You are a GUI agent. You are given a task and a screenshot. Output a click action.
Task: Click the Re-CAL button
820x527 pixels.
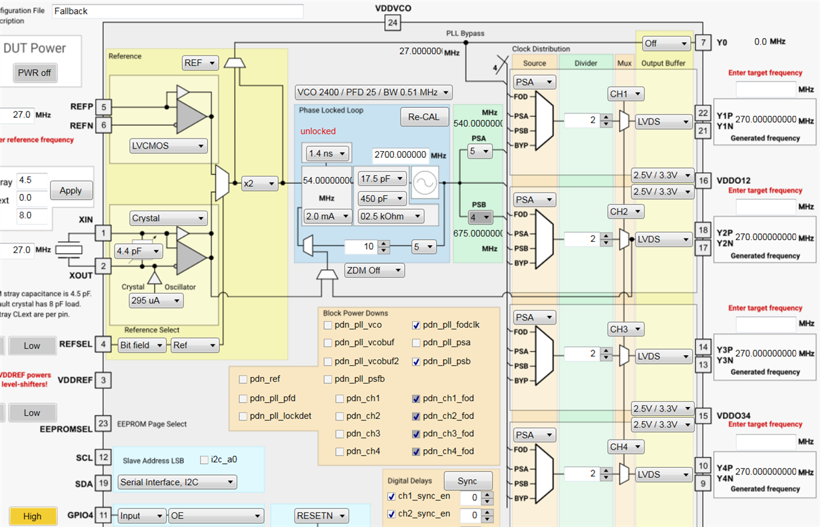click(424, 117)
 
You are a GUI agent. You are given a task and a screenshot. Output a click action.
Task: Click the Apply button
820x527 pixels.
click(71, 190)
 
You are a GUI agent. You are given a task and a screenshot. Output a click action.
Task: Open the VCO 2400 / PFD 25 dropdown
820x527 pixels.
click(373, 93)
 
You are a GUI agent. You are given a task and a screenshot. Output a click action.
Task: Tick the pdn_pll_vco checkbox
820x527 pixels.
click(328, 325)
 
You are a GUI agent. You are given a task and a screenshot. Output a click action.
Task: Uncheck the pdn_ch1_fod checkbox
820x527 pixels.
click(417, 398)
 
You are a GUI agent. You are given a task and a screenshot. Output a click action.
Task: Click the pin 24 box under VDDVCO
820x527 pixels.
click(393, 23)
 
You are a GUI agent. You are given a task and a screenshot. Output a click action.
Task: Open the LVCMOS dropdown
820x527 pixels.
click(169, 146)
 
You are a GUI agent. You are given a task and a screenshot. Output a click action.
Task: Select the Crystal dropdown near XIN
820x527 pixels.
click(169, 219)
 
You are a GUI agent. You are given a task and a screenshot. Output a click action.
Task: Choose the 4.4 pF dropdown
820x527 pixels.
click(138, 251)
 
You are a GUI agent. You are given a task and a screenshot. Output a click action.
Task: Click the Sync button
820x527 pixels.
click(467, 481)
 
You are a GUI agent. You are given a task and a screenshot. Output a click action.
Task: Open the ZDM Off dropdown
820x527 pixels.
click(374, 270)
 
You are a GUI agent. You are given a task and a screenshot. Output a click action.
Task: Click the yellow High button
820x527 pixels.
click(33, 516)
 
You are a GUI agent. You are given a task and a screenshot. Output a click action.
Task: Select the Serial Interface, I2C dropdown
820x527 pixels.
click(177, 482)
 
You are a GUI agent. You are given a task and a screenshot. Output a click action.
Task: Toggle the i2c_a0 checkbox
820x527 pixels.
click(205, 460)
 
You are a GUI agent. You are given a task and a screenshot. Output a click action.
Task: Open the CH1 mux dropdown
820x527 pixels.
click(625, 94)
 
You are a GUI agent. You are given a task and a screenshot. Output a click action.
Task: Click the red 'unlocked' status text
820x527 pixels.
click(318, 131)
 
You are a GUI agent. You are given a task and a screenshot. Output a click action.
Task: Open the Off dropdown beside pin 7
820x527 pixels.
click(666, 43)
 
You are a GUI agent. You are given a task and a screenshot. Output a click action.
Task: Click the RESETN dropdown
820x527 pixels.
click(322, 516)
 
